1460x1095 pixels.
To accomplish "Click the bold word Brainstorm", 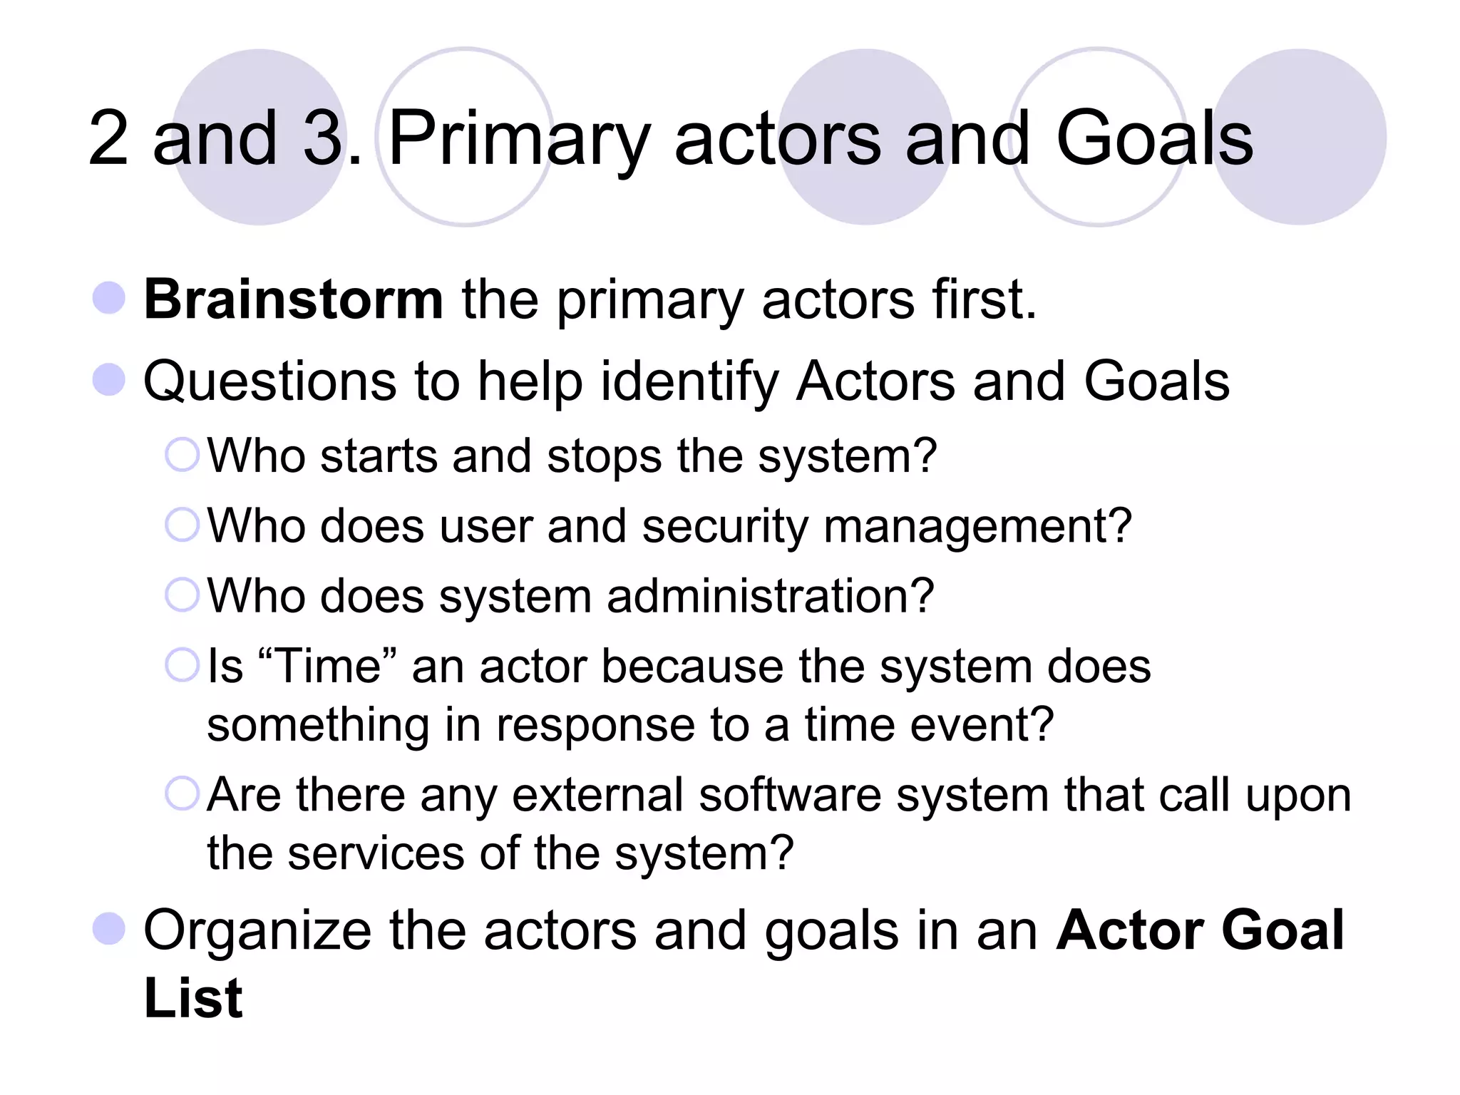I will point(294,299).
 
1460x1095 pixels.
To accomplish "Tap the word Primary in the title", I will point(519,139).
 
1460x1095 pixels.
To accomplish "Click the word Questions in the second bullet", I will point(269,381).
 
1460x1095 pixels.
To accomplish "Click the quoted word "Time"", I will point(329,667).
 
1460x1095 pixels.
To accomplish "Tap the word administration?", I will point(770,596).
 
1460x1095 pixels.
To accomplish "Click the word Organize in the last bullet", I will point(257,931).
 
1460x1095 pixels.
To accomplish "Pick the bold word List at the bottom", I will point(193,998).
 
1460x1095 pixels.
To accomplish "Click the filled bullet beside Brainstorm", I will point(109,298).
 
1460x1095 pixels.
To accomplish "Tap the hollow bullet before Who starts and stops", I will point(182,455).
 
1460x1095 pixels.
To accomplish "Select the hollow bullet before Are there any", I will point(182,793).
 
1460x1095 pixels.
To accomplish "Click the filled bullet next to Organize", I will point(109,929).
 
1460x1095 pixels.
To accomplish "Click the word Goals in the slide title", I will point(1154,139).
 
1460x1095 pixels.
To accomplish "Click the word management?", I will point(977,527).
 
